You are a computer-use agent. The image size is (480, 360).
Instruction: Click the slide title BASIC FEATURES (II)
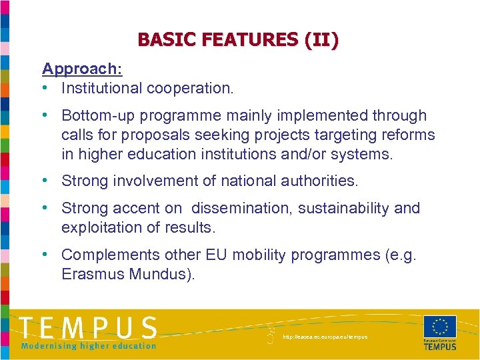238,40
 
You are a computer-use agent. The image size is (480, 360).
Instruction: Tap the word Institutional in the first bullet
100,87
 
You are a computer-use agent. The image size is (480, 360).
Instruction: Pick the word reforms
407,135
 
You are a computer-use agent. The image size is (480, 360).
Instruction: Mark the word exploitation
98,227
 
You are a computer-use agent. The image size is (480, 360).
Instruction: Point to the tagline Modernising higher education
88,345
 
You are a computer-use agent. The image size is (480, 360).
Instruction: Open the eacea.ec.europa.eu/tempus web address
325,337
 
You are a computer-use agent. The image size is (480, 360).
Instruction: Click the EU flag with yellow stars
440,326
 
